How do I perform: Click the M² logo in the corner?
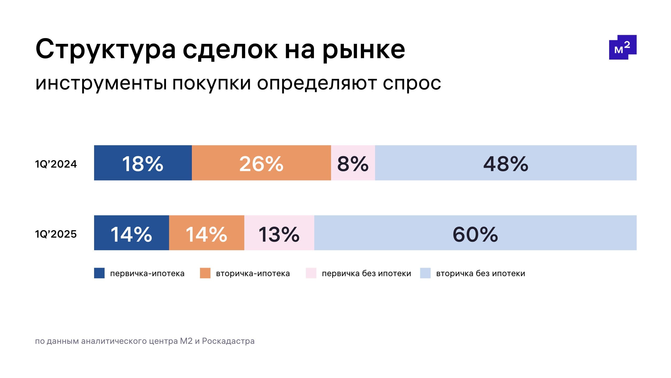pyautogui.click(x=623, y=47)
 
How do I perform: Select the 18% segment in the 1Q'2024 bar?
pyautogui.click(x=143, y=163)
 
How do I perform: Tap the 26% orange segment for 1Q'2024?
pyautogui.click(x=261, y=163)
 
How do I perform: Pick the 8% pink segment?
pyautogui.click(x=353, y=163)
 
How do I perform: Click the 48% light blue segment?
pyautogui.click(x=506, y=163)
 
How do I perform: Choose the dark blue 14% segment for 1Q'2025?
pyautogui.click(x=131, y=233)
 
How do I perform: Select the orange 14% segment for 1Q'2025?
pyautogui.click(x=207, y=233)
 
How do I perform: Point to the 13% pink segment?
pyautogui.click(x=279, y=233)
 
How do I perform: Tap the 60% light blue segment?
pyautogui.click(x=475, y=233)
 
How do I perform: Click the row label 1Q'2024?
pyautogui.click(x=56, y=164)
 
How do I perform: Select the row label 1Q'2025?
pyautogui.click(x=56, y=234)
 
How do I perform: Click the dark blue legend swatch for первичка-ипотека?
pyautogui.click(x=99, y=273)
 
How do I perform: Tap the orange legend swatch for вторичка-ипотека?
pyautogui.click(x=205, y=273)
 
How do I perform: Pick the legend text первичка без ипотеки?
pyautogui.click(x=366, y=274)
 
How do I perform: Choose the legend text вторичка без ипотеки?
pyautogui.click(x=480, y=274)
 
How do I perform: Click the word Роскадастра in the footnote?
pyautogui.click(x=228, y=341)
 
